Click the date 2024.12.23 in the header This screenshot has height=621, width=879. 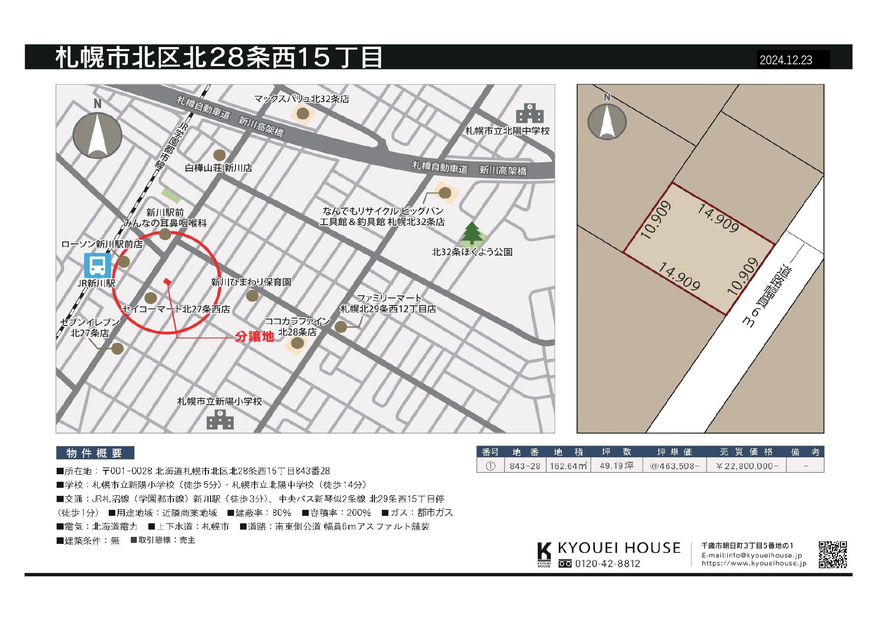(x=785, y=60)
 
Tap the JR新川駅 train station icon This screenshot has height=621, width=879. (x=97, y=265)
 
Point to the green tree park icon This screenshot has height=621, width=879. (x=471, y=233)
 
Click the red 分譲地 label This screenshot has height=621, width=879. (x=255, y=337)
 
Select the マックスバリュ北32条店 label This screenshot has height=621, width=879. (x=301, y=99)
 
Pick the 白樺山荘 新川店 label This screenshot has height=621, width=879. (x=218, y=168)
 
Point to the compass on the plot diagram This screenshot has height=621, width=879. (x=607, y=120)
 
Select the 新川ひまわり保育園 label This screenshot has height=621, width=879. (x=251, y=282)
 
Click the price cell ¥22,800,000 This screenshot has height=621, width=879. (x=747, y=466)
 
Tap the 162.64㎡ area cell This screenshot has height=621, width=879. (x=568, y=466)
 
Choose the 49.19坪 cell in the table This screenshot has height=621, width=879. (x=616, y=466)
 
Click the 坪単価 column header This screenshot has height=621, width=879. (x=674, y=452)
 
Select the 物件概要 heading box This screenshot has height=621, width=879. (x=95, y=453)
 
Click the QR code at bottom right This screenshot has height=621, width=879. (x=832, y=554)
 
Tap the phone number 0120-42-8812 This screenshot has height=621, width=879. (x=607, y=564)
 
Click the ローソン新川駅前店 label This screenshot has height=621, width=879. (x=102, y=244)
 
